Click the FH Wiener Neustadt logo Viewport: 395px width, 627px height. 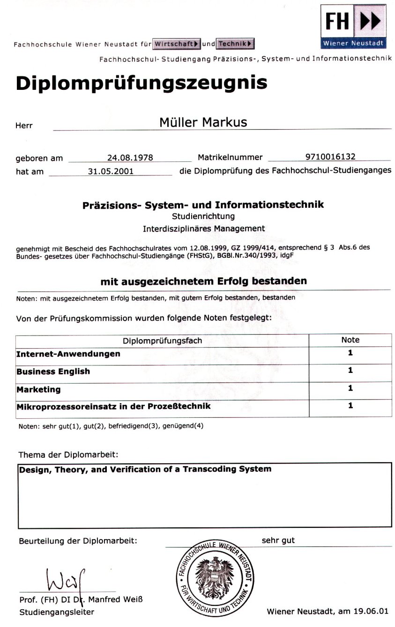pos(353,26)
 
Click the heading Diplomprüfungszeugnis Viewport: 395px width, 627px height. pos(141,83)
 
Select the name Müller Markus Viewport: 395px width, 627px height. pos(203,123)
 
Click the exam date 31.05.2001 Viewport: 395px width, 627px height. pos(111,171)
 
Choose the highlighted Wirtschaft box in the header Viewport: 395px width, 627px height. pos(177,44)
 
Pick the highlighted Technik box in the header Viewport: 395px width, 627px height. pos(236,44)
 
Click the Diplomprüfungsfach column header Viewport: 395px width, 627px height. pos(162,341)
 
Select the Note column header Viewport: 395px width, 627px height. pos(350,340)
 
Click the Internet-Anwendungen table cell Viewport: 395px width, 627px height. pos(68,354)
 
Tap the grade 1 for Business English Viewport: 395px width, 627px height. pos(350,371)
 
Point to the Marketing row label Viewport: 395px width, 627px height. pos(38,389)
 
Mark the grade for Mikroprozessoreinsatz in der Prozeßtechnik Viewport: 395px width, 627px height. pos(350,406)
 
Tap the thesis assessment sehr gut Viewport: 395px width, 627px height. pos(278,540)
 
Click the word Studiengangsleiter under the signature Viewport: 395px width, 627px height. pos(57,612)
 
